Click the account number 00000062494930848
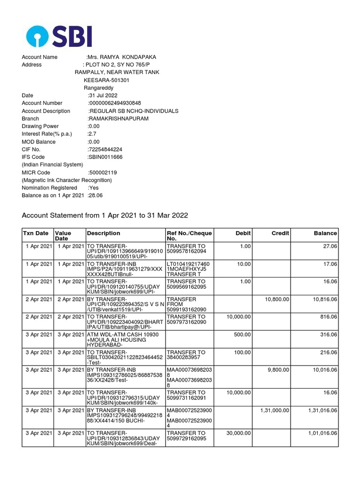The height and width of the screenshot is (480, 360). point(115,103)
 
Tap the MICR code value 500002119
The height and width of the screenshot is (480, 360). point(103,172)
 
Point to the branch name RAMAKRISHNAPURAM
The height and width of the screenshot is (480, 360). point(118,119)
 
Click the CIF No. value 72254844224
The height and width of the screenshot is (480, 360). point(105,150)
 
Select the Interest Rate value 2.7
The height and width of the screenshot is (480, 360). point(92,134)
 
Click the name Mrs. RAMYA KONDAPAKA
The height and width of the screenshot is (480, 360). point(122,57)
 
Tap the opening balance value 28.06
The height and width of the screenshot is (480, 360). point(95,195)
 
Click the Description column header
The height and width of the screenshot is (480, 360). point(104,233)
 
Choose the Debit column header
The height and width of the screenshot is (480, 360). point(243,233)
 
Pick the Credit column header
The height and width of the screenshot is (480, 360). point(280,233)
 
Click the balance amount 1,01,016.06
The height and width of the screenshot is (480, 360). point(322,434)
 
